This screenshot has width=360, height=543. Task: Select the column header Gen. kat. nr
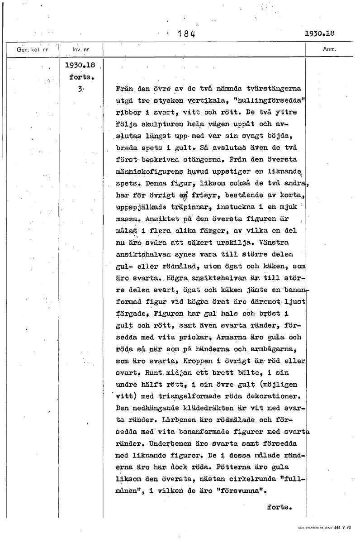(32, 49)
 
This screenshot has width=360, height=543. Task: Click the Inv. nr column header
(81, 49)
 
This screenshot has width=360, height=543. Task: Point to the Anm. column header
(329, 49)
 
